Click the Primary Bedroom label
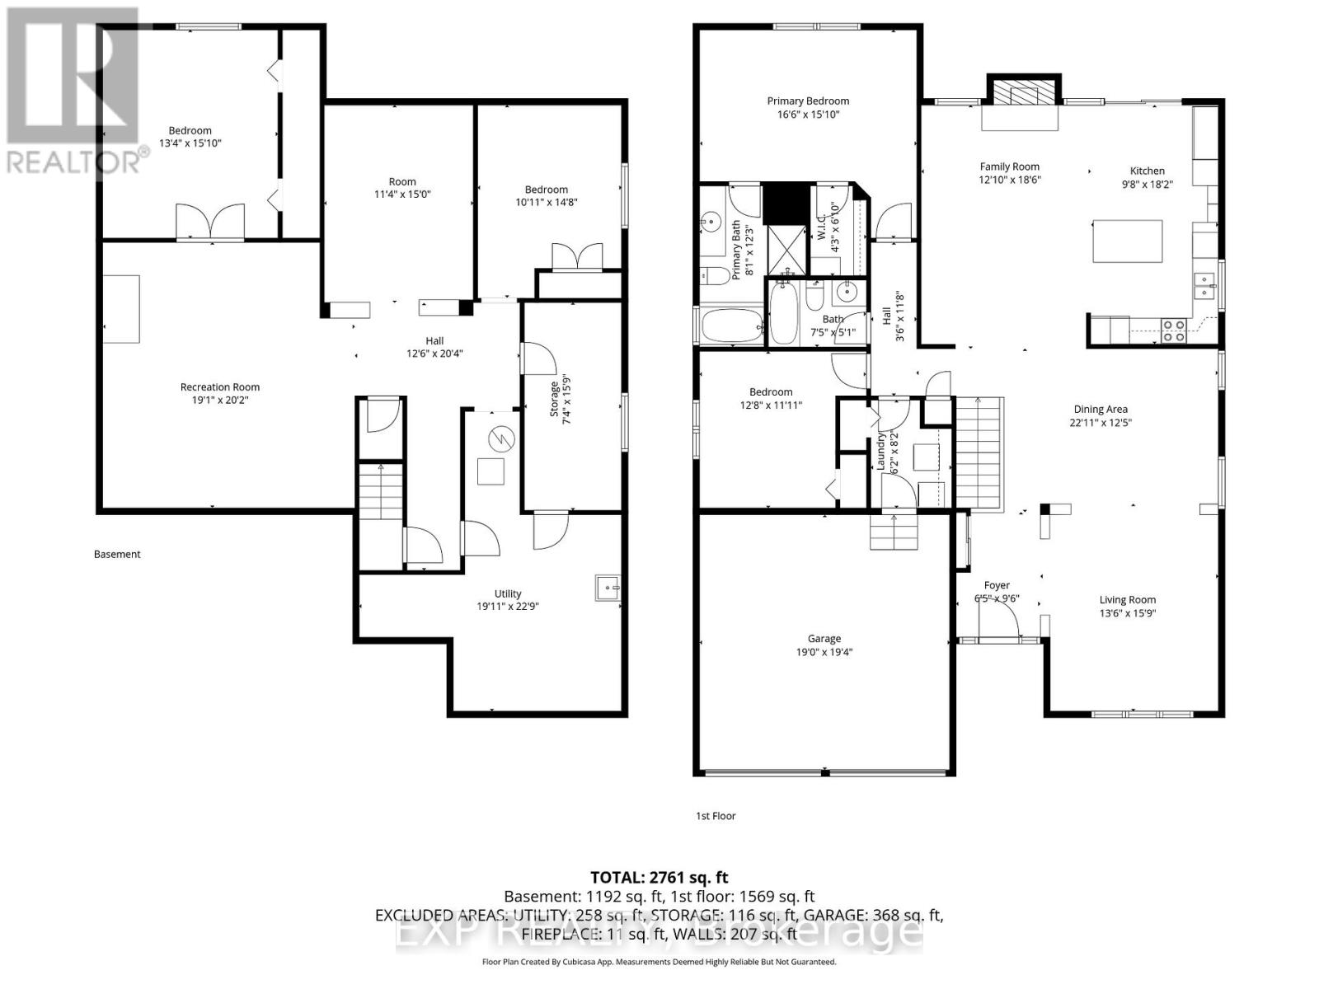click(x=807, y=101)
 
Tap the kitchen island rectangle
click(x=1127, y=241)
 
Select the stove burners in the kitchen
click(x=1173, y=330)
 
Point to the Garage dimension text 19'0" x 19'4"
click(x=824, y=652)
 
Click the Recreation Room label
click(x=220, y=387)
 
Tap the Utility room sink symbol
click(x=608, y=588)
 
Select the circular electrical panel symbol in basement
click(x=500, y=439)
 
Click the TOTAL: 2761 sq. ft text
click(x=659, y=878)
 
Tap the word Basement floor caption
click(x=117, y=554)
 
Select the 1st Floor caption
click(x=716, y=816)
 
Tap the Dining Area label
click(x=1100, y=409)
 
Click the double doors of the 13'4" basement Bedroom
click(x=210, y=221)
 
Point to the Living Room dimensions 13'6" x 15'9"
click(x=1127, y=613)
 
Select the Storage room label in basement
click(x=554, y=399)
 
